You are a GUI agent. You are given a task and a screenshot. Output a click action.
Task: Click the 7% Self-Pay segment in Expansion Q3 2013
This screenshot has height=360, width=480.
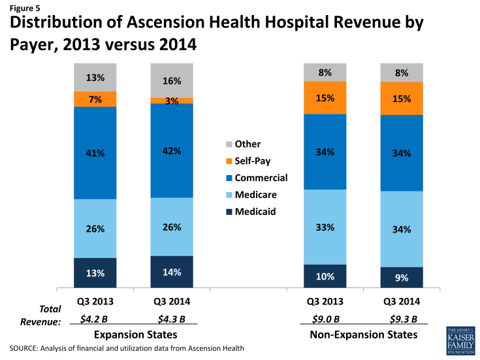95,99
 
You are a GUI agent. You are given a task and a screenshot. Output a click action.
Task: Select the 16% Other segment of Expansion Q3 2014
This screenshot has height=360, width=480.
172,80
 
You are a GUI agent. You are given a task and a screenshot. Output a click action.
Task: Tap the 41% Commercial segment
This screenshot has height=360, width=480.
95,153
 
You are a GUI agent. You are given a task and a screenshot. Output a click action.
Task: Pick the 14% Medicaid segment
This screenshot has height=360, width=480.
172,271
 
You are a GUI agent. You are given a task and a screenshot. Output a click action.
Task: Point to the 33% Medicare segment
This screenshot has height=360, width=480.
325,227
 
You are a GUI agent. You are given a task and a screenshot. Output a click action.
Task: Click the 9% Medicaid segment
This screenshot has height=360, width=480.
402,277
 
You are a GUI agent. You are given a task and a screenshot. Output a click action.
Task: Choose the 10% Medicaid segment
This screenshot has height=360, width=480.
325,275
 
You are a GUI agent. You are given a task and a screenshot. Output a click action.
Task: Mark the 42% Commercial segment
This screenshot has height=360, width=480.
172,150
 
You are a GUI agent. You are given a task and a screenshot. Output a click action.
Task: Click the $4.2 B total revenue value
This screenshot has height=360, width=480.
95,319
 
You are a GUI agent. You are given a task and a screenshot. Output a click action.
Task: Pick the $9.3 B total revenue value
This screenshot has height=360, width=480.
402,319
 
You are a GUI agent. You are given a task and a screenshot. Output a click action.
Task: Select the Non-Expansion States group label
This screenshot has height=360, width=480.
363,334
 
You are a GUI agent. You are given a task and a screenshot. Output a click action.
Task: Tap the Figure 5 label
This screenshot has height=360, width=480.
23,8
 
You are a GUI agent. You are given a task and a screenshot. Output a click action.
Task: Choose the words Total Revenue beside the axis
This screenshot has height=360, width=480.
43,315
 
